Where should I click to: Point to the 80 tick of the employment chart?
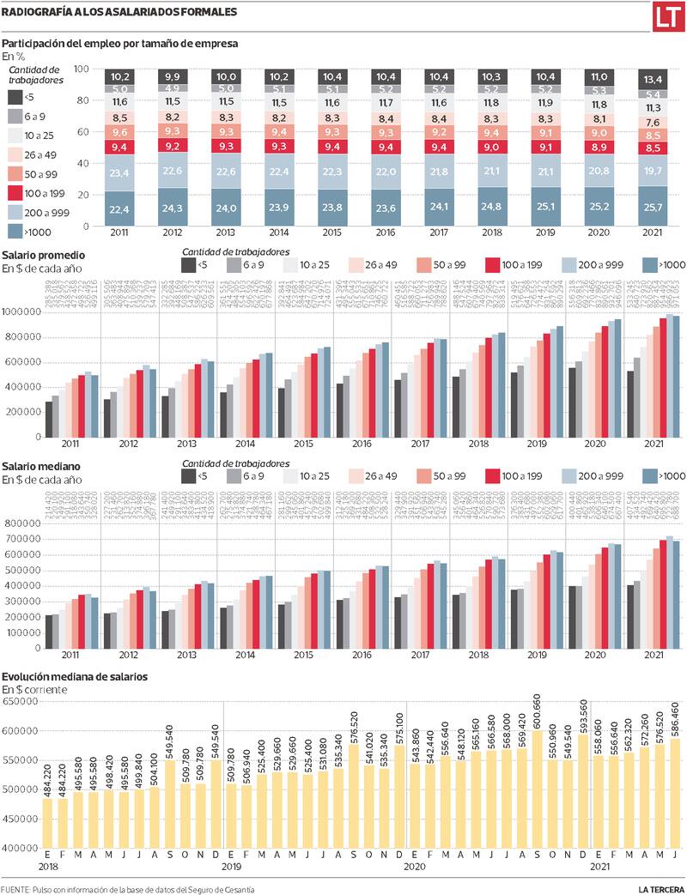coord(83,100)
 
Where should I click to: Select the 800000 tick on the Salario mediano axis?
coord(23,523)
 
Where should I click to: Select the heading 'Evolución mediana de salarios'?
coord(75,676)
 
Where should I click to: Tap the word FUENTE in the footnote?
coord(15,886)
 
